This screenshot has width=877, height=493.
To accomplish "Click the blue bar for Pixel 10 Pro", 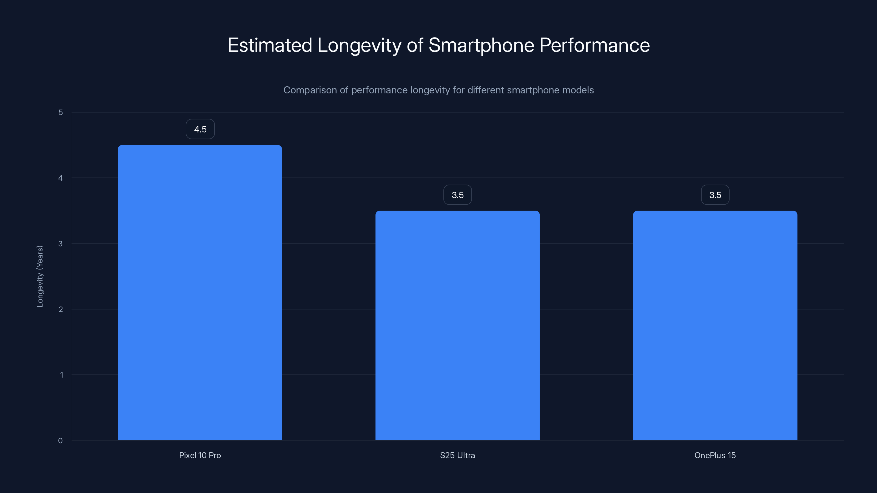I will tap(200, 293).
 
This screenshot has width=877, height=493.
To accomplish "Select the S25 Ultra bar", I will tap(457, 325).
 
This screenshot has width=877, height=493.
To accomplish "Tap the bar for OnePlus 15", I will tap(715, 325).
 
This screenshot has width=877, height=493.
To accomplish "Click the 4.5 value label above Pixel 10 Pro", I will tap(200, 129).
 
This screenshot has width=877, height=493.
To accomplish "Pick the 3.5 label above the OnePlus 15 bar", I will tap(715, 195).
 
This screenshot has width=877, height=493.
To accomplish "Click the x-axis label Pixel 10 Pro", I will tap(200, 455).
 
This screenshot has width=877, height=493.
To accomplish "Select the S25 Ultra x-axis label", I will tap(457, 455).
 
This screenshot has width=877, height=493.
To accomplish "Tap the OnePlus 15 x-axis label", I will tap(715, 455).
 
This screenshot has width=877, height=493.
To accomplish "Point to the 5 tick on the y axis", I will tap(61, 112).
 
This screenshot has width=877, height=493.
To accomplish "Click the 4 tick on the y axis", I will tap(61, 178).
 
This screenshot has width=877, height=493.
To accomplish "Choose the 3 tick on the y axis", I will tap(61, 243).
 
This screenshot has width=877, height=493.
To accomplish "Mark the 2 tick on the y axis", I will tap(61, 309).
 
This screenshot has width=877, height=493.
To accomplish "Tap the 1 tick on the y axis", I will tap(61, 375).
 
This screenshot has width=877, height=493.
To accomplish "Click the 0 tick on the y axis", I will tap(60, 441).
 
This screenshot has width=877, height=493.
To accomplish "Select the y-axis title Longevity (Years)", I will tap(40, 276).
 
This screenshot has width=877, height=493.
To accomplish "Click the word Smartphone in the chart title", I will tap(481, 45).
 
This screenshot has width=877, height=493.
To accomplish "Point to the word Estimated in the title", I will tap(270, 45).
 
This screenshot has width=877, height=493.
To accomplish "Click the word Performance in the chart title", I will tap(594, 45).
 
